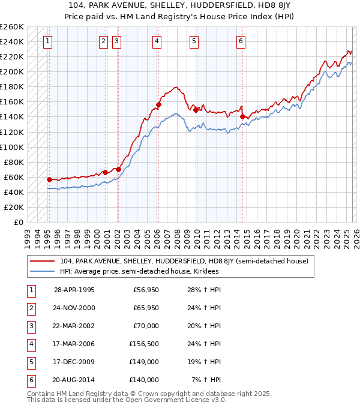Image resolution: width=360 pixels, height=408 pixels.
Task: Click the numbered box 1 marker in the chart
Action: coord(47,41)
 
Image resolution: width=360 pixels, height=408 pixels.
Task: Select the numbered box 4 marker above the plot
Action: coord(156,41)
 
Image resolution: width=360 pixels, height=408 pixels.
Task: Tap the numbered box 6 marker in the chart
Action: coord(240,41)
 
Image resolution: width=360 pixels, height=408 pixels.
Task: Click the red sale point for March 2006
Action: coord(158,104)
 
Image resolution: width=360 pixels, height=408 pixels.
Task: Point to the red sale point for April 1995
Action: coord(49,179)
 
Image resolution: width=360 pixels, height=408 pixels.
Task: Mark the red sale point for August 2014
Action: coord(242,117)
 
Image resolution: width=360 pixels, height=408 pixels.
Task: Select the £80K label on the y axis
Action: coord(14,162)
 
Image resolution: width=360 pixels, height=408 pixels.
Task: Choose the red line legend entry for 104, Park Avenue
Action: coord(184,261)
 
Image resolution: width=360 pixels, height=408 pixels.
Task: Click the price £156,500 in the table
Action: coord(144,344)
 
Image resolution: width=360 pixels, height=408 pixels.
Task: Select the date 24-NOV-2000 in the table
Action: coord(74,308)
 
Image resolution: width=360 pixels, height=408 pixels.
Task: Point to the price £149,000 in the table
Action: coord(144,362)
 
